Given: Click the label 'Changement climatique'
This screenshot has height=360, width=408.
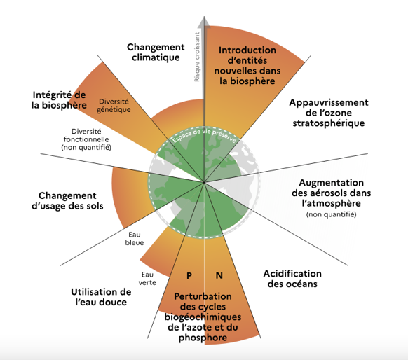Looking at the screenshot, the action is (156, 53).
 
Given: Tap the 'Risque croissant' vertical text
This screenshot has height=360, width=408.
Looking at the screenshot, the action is (197, 57).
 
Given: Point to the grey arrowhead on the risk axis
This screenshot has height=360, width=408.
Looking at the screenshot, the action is (204, 22).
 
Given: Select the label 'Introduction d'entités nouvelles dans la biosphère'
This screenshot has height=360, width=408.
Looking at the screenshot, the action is (247, 66).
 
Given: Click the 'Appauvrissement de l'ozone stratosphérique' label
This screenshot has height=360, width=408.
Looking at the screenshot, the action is (329, 113).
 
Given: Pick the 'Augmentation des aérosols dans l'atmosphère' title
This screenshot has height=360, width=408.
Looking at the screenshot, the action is (332, 193).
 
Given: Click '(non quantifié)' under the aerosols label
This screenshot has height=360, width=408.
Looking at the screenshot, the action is (332, 214).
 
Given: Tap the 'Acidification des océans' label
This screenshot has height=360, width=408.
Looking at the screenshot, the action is (292, 279).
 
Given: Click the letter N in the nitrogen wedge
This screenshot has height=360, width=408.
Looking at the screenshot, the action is (219, 275).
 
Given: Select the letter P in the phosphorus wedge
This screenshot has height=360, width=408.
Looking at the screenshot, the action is (189, 275).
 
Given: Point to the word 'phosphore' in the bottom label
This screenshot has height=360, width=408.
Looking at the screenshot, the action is (203, 338).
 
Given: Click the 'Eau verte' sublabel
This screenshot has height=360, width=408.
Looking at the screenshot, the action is (147, 278).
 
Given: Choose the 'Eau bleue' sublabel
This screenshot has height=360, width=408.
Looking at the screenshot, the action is (135, 239).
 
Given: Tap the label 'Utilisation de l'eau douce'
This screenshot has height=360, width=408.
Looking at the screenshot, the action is (101, 297).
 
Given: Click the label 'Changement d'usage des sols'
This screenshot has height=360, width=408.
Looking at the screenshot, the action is (67, 201).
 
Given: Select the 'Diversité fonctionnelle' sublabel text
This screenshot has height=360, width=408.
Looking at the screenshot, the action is (86, 135).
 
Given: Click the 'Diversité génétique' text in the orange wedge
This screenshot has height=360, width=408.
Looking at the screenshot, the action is (114, 106).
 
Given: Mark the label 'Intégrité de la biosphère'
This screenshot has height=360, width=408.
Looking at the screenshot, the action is (59, 100).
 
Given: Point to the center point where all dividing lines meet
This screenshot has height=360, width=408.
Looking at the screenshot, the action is (204, 183).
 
